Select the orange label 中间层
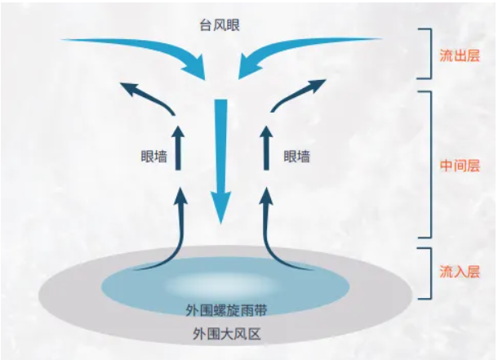tap(460, 164)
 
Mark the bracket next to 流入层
tap(425, 271)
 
